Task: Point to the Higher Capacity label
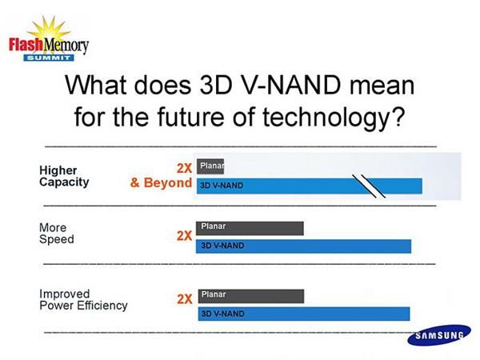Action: [x=64, y=175]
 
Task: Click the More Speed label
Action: [x=56, y=234]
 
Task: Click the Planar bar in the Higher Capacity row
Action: [x=210, y=166]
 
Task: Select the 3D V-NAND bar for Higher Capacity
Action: [x=308, y=186]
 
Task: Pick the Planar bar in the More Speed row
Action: [x=250, y=227]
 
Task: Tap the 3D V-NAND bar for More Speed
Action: [x=302, y=245]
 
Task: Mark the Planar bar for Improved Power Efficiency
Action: [x=250, y=294]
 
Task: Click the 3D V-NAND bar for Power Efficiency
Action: [x=302, y=313]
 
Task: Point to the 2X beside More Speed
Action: [x=184, y=236]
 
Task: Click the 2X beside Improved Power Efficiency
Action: [x=184, y=299]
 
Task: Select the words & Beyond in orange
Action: [x=161, y=182]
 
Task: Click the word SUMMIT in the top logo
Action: [x=48, y=58]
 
